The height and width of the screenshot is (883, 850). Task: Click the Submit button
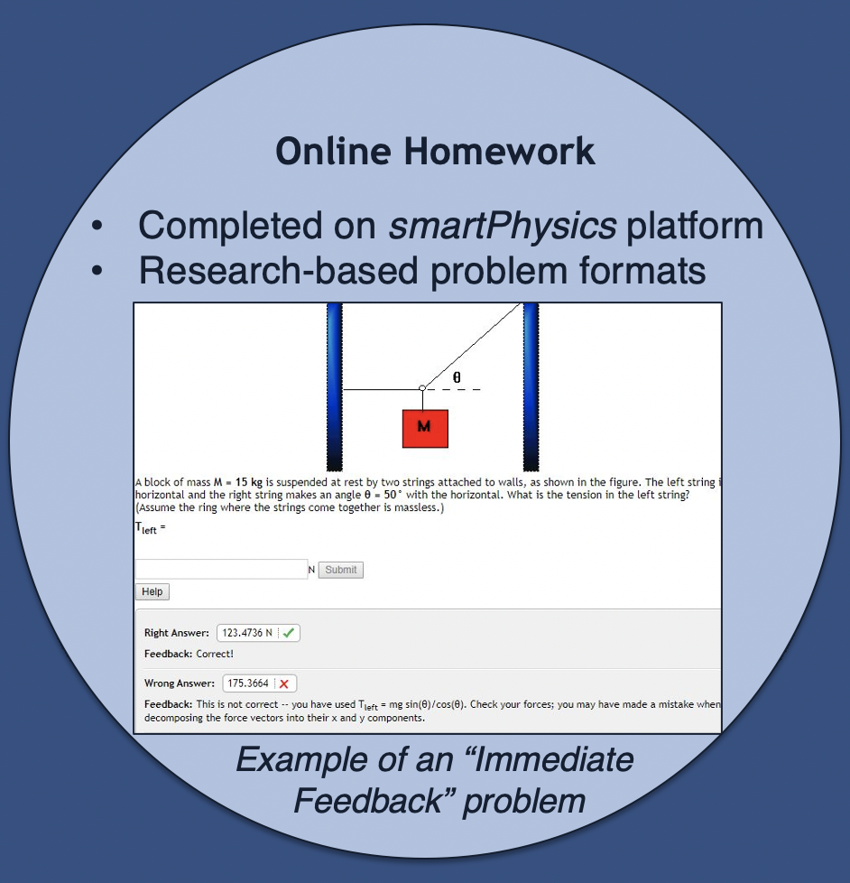[x=340, y=570]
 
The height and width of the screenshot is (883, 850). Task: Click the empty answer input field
[x=221, y=570]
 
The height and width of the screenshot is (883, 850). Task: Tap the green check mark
[x=289, y=633]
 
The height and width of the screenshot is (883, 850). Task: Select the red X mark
[x=284, y=683]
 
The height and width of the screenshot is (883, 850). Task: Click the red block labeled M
[x=425, y=429]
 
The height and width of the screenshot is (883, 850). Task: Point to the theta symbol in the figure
[x=457, y=377]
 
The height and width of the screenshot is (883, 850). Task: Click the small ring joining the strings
[x=422, y=388]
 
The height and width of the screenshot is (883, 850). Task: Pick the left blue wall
[x=335, y=386]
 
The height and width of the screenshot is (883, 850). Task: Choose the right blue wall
[x=531, y=386]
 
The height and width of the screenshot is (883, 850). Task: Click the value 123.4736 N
[x=247, y=633]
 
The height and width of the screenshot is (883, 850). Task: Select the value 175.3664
[x=248, y=683]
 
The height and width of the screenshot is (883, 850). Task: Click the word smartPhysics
[x=502, y=226]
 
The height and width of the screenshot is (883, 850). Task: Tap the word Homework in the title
[x=499, y=152]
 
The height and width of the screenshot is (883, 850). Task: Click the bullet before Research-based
[x=97, y=270]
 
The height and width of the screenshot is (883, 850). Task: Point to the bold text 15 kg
[x=249, y=482]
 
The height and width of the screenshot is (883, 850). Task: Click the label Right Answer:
[x=176, y=633]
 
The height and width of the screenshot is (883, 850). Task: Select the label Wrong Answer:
[x=179, y=683]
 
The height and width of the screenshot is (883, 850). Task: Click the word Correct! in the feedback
[x=215, y=654]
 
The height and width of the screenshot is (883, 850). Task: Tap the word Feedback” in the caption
[x=372, y=801]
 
